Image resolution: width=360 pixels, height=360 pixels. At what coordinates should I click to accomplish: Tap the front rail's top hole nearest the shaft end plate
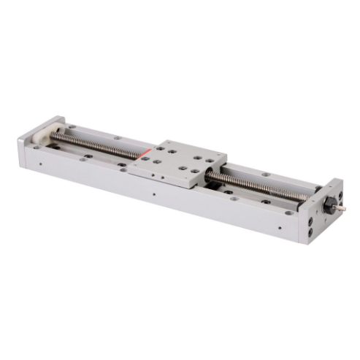[289, 212]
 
